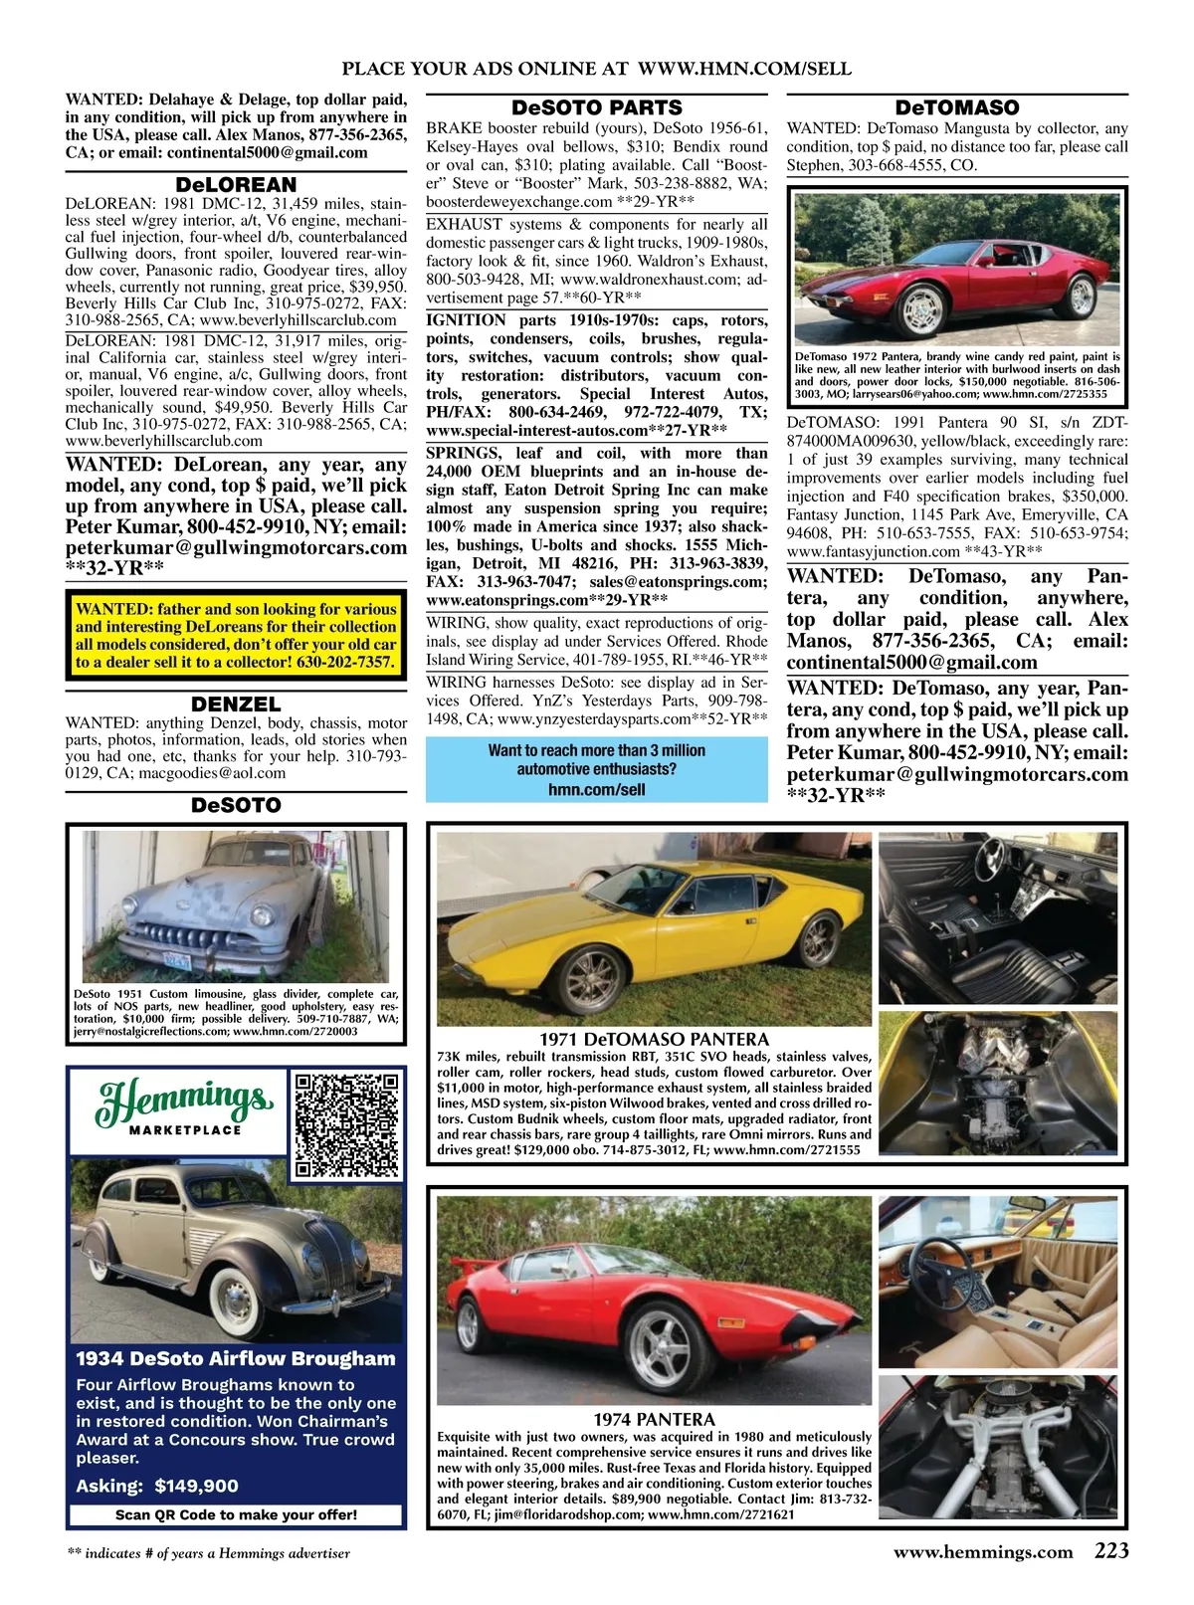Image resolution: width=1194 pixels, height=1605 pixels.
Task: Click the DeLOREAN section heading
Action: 236,185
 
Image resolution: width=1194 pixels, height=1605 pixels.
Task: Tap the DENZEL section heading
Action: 236,703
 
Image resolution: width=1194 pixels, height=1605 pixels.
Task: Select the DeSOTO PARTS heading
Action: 597,107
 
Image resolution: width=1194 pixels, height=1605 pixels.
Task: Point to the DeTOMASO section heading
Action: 957,107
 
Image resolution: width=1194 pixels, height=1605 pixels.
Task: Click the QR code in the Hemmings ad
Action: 347,1124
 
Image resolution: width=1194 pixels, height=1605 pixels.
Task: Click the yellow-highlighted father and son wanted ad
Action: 236,635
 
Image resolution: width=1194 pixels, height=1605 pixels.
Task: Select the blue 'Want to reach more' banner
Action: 597,770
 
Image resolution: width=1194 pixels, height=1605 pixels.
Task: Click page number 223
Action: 1111,1551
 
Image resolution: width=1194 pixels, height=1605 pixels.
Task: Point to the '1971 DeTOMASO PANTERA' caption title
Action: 654,1039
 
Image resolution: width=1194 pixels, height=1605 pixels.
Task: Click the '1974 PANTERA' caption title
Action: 654,1419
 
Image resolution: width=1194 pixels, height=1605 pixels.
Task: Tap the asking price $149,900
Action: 157,1486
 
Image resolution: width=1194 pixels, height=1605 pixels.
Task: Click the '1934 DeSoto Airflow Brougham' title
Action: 236,1359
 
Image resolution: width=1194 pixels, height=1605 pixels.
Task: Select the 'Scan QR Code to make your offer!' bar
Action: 236,1514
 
